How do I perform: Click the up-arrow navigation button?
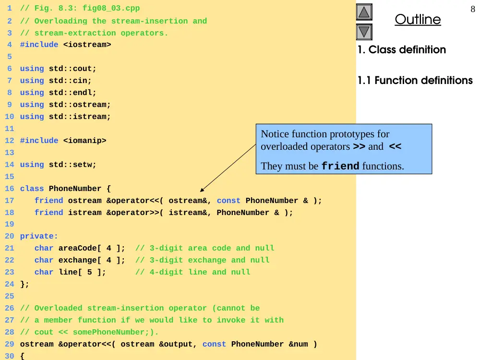point(364,12)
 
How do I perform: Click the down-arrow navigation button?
point(364,32)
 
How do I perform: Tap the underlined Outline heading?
point(418,20)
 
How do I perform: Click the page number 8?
point(473,9)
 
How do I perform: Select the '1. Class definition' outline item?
point(402,49)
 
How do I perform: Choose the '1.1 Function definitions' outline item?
point(415,80)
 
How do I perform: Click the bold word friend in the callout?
point(340,166)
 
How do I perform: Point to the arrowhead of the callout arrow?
point(201,191)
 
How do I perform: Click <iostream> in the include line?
point(87,45)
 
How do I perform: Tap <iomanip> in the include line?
point(85,141)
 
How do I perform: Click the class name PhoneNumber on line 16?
point(75,189)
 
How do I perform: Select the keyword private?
point(39,236)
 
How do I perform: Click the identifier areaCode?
point(78,248)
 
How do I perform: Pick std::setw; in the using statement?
point(72,165)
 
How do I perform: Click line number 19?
point(10,224)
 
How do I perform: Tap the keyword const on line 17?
point(228,201)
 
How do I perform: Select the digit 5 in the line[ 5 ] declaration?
point(89,272)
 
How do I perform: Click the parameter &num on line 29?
point(299,344)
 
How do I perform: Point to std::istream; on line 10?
point(80,117)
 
